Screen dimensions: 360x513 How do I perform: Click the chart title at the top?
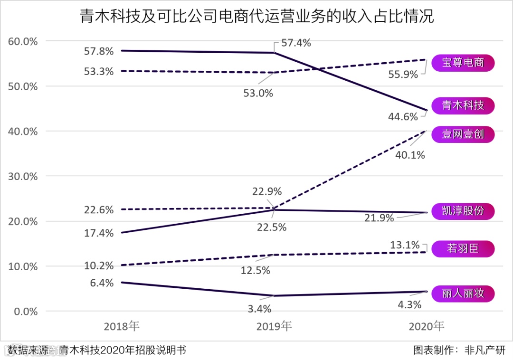click(x=256, y=17)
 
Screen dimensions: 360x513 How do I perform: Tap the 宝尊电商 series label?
click(x=463, y=63)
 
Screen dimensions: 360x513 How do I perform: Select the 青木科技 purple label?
click(x=463, y=105)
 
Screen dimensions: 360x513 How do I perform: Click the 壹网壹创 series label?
click(x=463, y=134)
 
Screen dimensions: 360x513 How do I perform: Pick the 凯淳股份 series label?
click(x=463, y=211)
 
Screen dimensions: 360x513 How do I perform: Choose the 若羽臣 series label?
click(x=463, y=249)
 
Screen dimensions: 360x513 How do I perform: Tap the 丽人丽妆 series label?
click(x=463, y=294)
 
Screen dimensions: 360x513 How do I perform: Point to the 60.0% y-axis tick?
click(x=23, y=41)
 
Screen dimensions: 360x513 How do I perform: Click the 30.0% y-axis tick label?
click(x=23, y=176)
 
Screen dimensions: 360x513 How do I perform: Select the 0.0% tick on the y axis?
click(x=25, y=312)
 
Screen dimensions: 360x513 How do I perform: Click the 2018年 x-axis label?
click(x=122, y=326)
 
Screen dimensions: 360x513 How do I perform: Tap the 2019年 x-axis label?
click(x=274, y=326)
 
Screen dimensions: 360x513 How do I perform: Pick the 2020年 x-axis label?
click(x=427, y=326)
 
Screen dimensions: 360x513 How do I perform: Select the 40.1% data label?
click(x=410, y=155)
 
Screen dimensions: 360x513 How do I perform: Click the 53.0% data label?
click(x=258, y=93)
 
